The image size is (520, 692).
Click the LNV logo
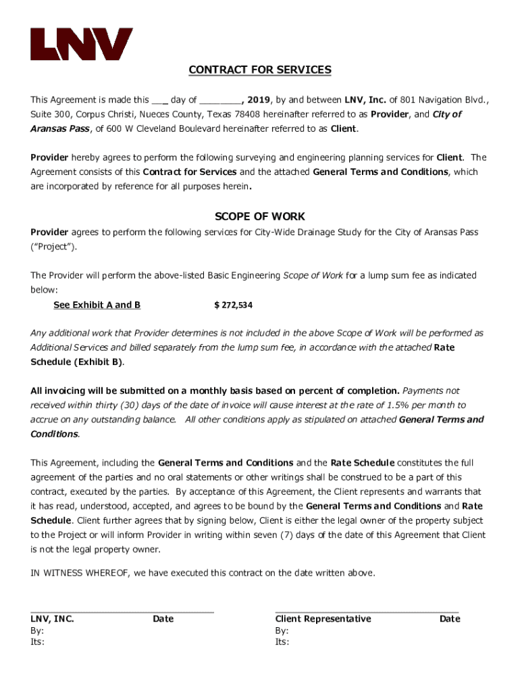tap(81, 44)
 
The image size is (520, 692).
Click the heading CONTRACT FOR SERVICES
tap(260, 70)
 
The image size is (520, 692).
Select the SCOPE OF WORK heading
tap(260, 217)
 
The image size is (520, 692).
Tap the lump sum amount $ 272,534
tap(233, 305)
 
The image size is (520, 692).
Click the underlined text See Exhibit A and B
tap(97, 305)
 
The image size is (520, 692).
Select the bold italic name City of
tap(446, 114)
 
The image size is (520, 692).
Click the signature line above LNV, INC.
tap(122, 611)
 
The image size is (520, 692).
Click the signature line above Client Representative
tap(367, 611)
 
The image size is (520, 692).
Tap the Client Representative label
tap(323, 619)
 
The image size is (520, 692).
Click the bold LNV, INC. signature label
tap(53, 619)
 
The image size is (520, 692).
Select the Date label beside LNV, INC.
tap(163, 619)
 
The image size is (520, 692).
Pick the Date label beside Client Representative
tap(450, 619)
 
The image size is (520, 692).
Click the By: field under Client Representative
tap(282, 631)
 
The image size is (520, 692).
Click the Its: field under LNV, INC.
tap(38, 642)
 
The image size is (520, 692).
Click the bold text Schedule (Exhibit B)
tap(77, 362)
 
